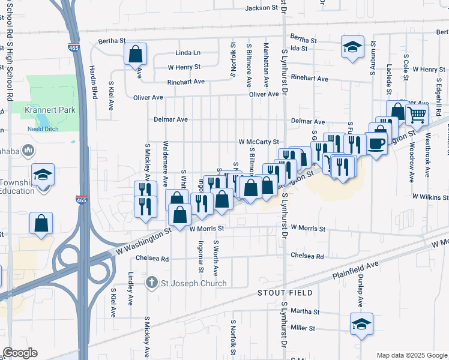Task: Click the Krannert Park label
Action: tap(44, 110)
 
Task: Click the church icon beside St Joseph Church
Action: tap(153, 283)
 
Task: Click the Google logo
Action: tap(20, 353)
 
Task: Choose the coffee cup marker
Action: tap(377, 143)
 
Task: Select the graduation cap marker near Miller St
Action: tap(361, 324)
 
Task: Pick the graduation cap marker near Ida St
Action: tap(352, 46)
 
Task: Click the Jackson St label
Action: tap(263, 8)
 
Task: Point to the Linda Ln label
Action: tap(188, 53)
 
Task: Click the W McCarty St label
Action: tap(259, 142)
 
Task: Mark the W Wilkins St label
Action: tap(430, 197)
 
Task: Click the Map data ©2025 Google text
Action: tap(411, 355)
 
